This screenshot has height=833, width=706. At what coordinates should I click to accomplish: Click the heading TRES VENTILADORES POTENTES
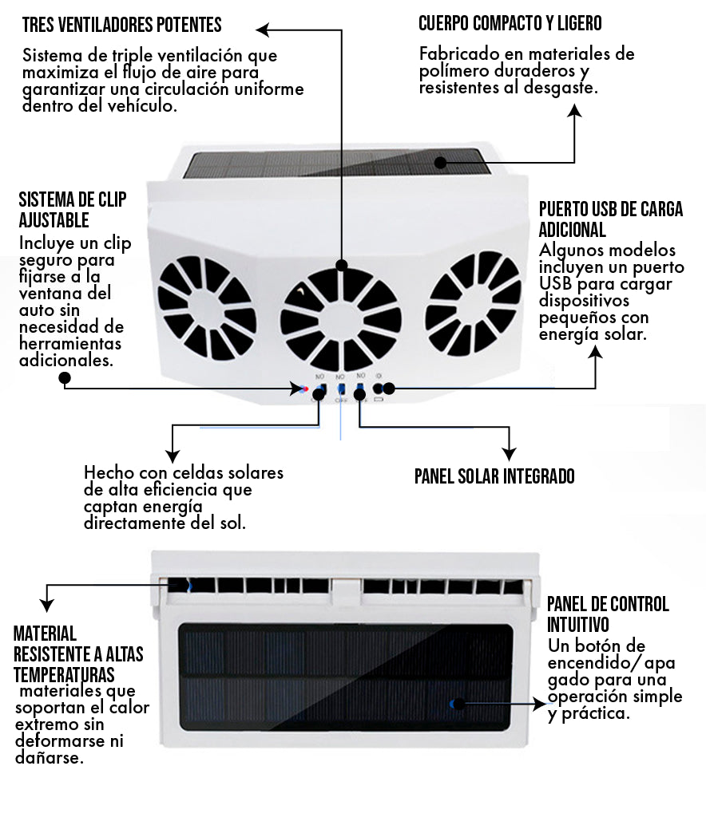click(x=121, y=25)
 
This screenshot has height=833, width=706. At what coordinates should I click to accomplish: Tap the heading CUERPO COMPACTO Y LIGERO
click(x=510, y=23)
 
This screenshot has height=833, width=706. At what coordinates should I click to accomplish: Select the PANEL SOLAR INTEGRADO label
click(x=494, y=476)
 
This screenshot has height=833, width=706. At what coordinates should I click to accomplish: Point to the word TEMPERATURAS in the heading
click(x=64, y=674)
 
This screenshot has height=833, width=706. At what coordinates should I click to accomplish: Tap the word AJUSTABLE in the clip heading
click(x=54, y=219)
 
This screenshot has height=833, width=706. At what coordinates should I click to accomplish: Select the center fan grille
click(x=341, y=318)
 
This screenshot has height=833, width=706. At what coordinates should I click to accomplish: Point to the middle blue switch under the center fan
click(x=341, y=389)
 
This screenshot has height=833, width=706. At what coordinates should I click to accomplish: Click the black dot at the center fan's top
click(x=342, y=266)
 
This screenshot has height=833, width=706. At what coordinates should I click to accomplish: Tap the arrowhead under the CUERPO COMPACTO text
click(x=574, y=113)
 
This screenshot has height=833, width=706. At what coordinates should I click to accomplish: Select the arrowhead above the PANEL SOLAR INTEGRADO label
click(x=509, y=452)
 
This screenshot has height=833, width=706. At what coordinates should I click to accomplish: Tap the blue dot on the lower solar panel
click(x=453, y=704)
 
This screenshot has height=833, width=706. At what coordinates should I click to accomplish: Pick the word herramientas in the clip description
click(x=71, y=344)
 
